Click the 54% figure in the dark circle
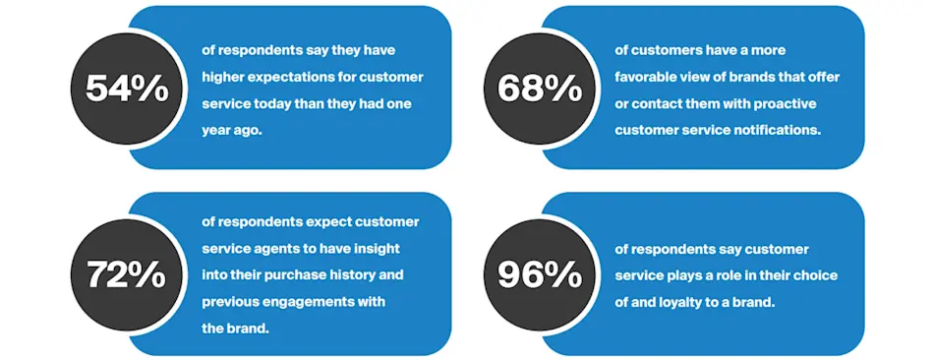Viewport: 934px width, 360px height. (x=127, y=89)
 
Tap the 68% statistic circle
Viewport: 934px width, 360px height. (x=540, y=89)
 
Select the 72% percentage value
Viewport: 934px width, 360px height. (x=127, y=274)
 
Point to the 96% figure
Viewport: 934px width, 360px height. (x=540, y=274)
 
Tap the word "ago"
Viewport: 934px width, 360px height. (x=247, y=129)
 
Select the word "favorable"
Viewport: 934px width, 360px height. (x=647, y=76)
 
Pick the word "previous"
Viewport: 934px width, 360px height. (x=232, y=301)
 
